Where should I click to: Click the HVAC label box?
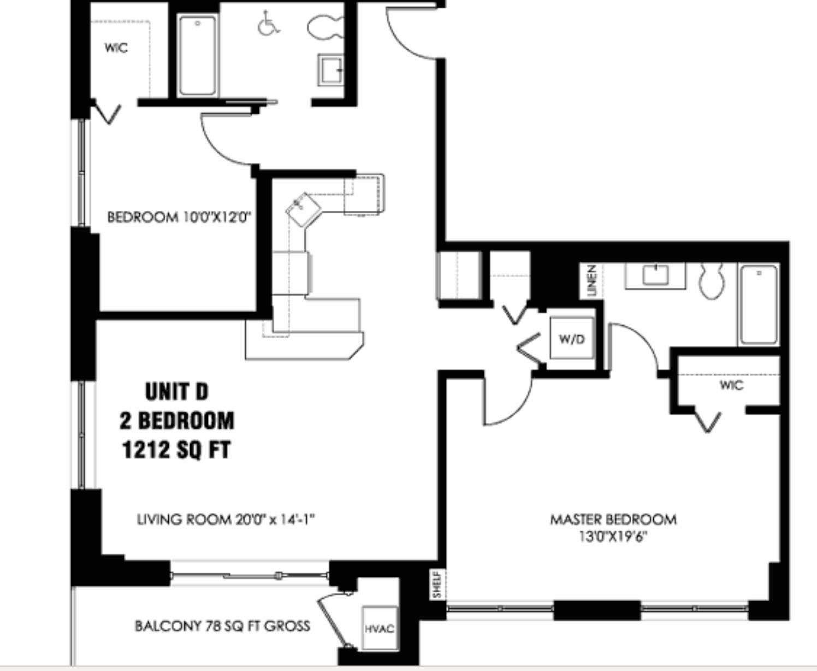(380, 628)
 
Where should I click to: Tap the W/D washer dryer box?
(571, 339)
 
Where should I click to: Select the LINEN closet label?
(591, 281)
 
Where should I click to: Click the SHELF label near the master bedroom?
(437, 584)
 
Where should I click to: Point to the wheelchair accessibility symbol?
(268, 23)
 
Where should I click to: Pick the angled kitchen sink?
(302, 208)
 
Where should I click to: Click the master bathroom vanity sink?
(655, 274)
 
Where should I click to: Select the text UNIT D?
(176, 392)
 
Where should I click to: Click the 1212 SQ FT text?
(176, 450)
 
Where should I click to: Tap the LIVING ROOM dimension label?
(226, 519)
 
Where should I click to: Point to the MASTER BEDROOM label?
(613, 519)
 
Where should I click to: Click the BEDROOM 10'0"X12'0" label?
(179, 217)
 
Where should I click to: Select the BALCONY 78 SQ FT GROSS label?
(222, 626)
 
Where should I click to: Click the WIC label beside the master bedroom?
(731, 385)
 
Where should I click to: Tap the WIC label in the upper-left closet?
(116, 48)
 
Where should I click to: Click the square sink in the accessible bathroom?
(331, 69)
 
